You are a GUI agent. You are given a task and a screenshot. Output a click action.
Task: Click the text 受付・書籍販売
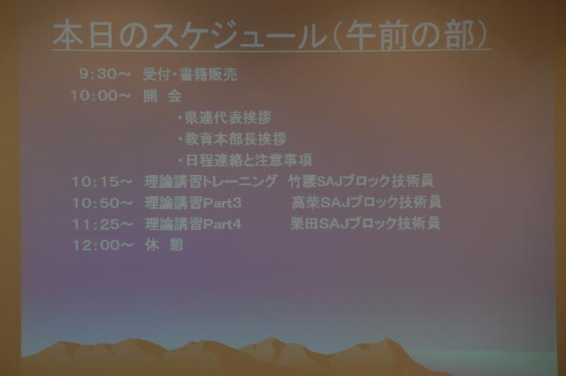190,75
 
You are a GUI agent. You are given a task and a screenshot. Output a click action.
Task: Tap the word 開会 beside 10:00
162,96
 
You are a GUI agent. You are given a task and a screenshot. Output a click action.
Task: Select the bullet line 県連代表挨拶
225,118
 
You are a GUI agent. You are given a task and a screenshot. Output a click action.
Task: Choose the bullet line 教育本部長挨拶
232,139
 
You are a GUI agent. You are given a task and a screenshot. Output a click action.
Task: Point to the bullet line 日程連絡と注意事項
245,160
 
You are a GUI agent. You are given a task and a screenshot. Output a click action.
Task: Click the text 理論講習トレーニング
211,181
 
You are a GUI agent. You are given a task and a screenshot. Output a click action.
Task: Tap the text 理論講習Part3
193,203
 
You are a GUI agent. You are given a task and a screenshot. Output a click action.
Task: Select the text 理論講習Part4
193,224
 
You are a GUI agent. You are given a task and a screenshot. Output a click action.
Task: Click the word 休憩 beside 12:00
164,245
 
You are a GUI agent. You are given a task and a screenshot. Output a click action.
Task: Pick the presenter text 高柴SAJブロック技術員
366,203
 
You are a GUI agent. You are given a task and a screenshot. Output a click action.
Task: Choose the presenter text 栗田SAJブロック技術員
366,223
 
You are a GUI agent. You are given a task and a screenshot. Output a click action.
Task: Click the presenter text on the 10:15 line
361,181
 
